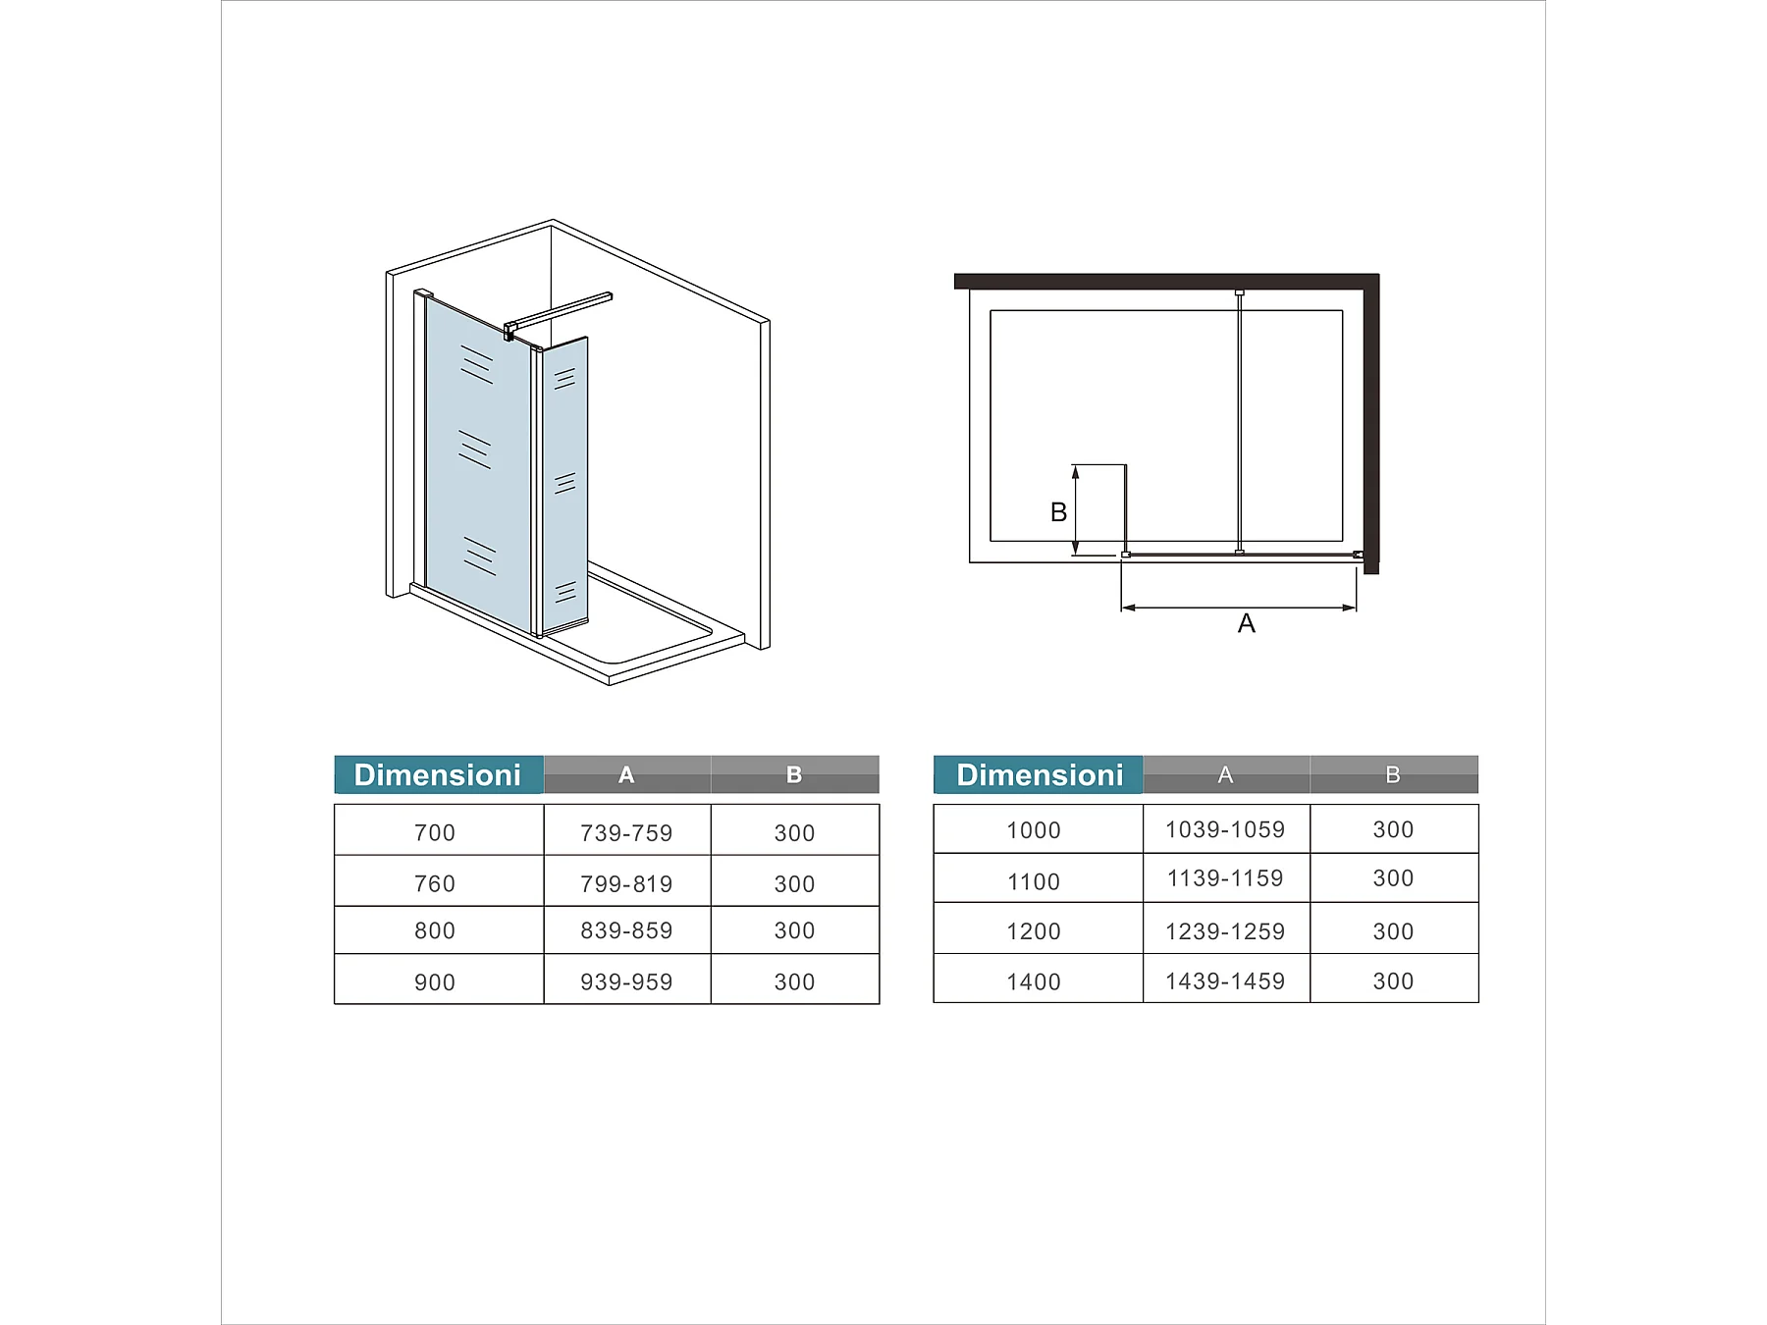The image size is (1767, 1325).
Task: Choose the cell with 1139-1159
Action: (1225, 878)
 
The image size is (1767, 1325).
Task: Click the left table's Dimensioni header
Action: (439, 774)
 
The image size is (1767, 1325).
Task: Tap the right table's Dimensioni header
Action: (1039, 774)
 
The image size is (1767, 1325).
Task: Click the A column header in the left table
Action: (626, 774)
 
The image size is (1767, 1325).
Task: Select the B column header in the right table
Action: (1393, 774)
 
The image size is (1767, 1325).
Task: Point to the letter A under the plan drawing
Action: (1247, 623)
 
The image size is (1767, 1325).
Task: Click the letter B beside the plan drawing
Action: (1058, 511)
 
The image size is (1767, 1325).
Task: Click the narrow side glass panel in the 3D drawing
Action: (564, 485)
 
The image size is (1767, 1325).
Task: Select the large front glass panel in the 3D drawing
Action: (478, 461)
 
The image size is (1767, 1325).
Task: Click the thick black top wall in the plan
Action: (1166, 282)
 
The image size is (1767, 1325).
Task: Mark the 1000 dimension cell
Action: (1034, 829)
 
